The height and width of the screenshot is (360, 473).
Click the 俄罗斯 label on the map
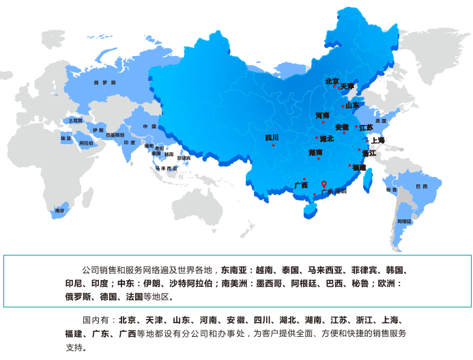[104, 82]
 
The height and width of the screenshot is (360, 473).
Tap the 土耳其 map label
[76, 120]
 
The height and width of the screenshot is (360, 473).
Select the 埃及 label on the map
[66, 137]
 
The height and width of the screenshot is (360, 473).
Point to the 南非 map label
[60, 211]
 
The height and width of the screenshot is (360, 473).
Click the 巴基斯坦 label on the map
[115, 135]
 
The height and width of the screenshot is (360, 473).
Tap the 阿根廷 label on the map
[405, 221]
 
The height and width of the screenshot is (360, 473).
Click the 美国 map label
[381, 121]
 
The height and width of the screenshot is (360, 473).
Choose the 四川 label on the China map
[272, 137]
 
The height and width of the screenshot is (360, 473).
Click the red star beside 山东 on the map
[343, 106]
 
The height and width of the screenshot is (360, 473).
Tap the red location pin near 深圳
[324, 184]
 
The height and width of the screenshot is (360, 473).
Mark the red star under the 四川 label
[273, 145]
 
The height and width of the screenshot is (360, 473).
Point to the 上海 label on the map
[377, 140]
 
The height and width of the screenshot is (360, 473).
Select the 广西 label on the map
[301, 185]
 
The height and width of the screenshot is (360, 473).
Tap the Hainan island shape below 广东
[309, 208]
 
